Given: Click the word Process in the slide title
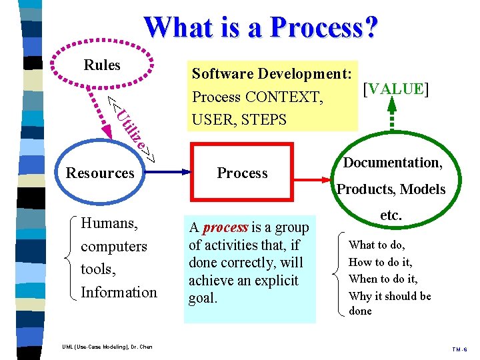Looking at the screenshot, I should pos(324,27).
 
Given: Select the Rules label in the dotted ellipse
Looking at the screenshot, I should pos(102,65).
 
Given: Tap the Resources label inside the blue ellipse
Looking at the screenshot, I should pos(100,173).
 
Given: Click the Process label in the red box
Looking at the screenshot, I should pos(242,173).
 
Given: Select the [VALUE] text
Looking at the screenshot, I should pos(395,89).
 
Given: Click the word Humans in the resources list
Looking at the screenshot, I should pos(109,223).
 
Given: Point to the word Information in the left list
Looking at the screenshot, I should pos(119,292).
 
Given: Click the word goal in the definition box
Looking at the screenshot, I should pos(203,298).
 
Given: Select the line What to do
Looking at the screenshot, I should pos(377,245).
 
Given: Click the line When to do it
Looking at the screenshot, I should pos(383,279).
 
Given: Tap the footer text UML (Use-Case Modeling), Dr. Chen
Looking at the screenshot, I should pos(107,347).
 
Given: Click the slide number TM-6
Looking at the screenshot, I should pos(460,349).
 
